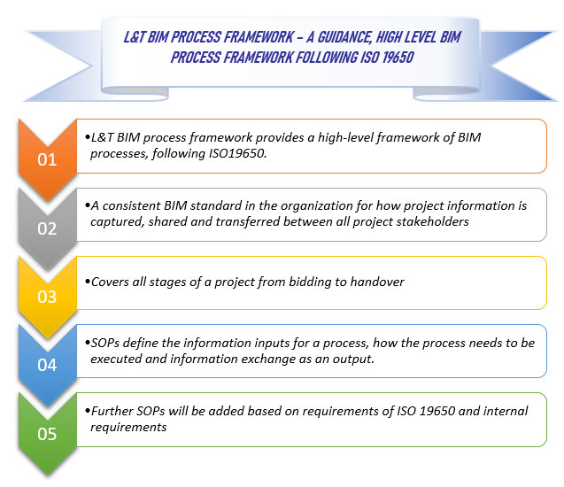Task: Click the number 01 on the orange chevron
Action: coord(46,160)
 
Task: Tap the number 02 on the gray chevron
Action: coord(46,228)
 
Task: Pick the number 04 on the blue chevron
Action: coord(46,364)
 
